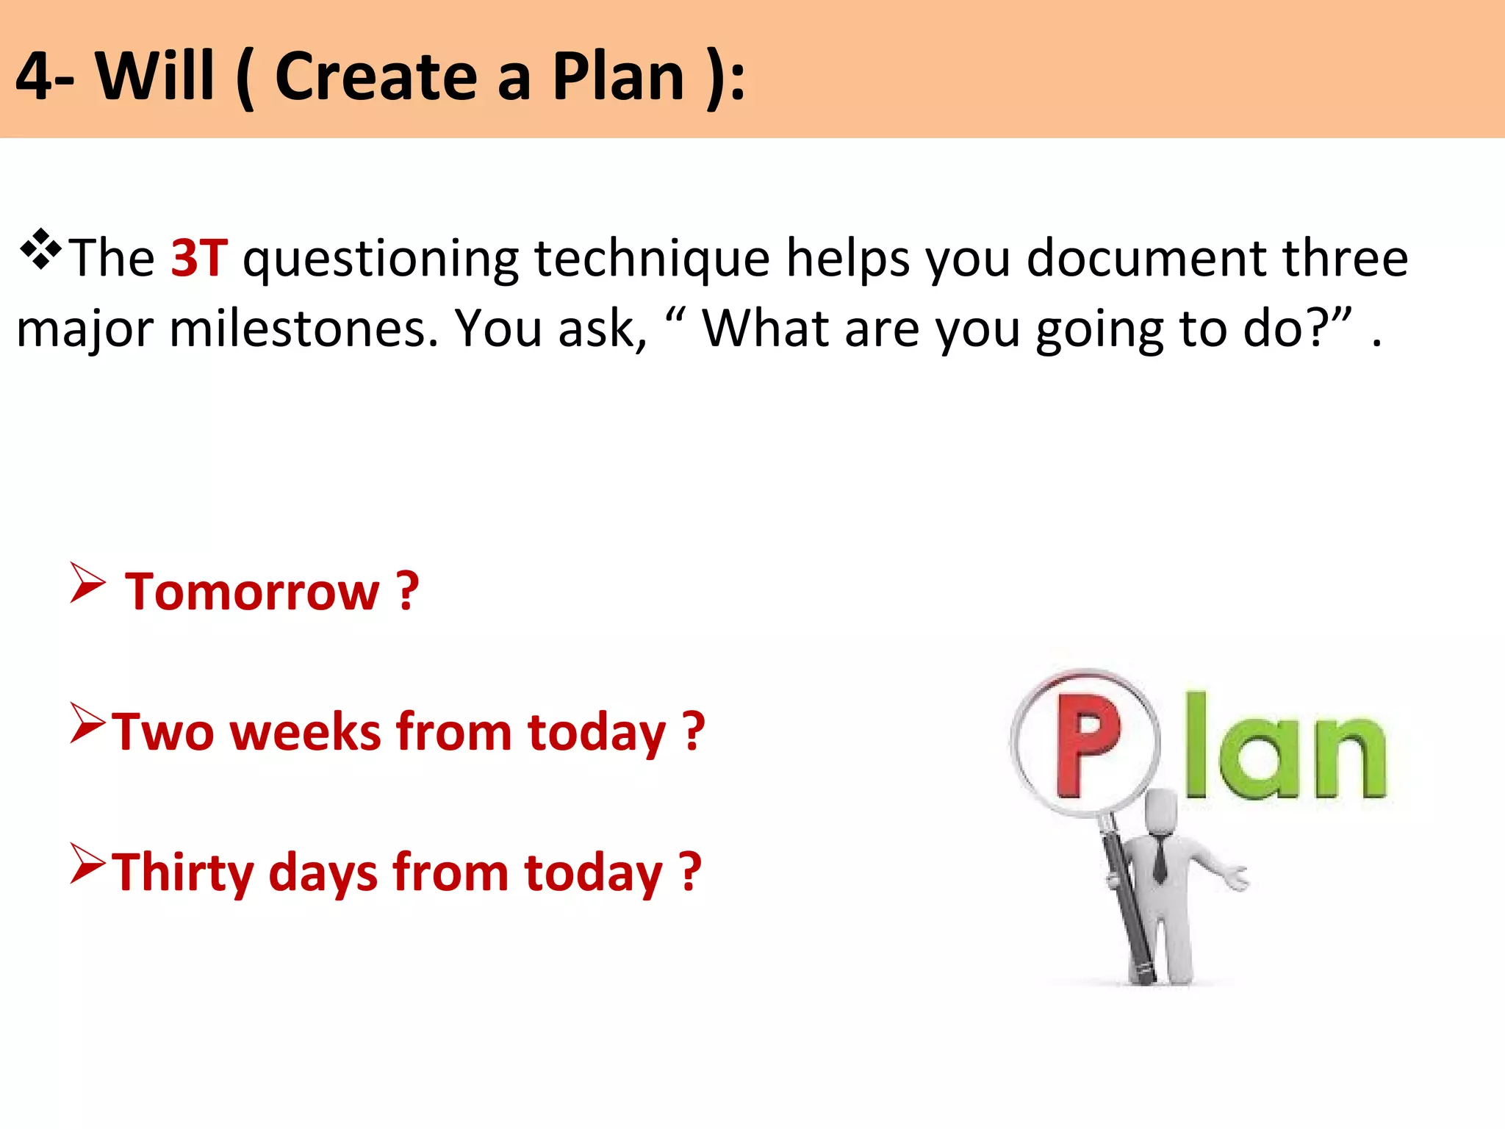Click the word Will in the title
(x=155, y=76)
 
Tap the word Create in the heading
(x=376, y=76)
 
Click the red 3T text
(x=199, y=258)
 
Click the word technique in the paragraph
(x=652, y=258)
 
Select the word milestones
(x=303, y=329)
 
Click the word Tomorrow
(x=252, y=592)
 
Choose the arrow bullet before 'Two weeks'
(x=87, y=723)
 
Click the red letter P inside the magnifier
(x=1087, y=744)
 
